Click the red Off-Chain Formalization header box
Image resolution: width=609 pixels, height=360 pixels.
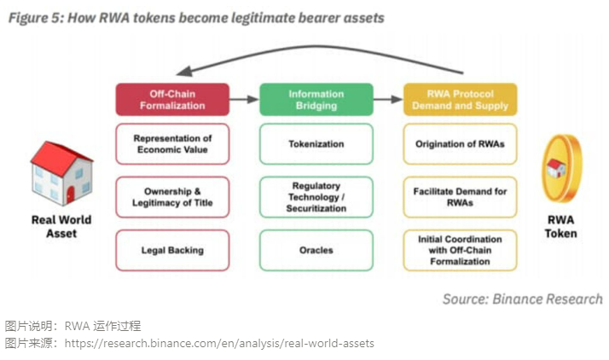(172, 99)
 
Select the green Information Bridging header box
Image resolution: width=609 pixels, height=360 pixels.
(316, 99)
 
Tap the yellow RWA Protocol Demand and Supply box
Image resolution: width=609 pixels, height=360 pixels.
(460, 99)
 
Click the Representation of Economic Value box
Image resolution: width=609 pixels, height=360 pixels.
(172, 143)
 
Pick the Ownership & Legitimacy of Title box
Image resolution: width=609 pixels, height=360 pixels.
(172, 197)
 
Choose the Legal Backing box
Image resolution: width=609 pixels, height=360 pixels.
(172, 250)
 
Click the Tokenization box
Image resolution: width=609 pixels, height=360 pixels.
(316, 143)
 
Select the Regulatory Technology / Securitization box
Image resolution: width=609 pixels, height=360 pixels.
(316, 197)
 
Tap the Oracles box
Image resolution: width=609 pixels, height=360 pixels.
(316, 250)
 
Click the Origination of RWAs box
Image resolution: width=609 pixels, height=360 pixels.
(460, 143)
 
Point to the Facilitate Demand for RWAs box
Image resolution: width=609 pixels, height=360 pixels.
(460, 197)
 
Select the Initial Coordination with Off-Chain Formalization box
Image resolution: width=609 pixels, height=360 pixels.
(460, 250)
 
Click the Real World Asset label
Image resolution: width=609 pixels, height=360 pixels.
(61, 226)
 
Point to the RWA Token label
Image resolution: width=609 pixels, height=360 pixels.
(561, 226)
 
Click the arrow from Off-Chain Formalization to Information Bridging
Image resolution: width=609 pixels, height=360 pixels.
(244, 100)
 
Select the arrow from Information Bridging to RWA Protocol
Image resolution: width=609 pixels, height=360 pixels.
(388, 100)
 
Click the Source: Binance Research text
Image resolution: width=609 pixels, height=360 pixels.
(522, 299)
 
